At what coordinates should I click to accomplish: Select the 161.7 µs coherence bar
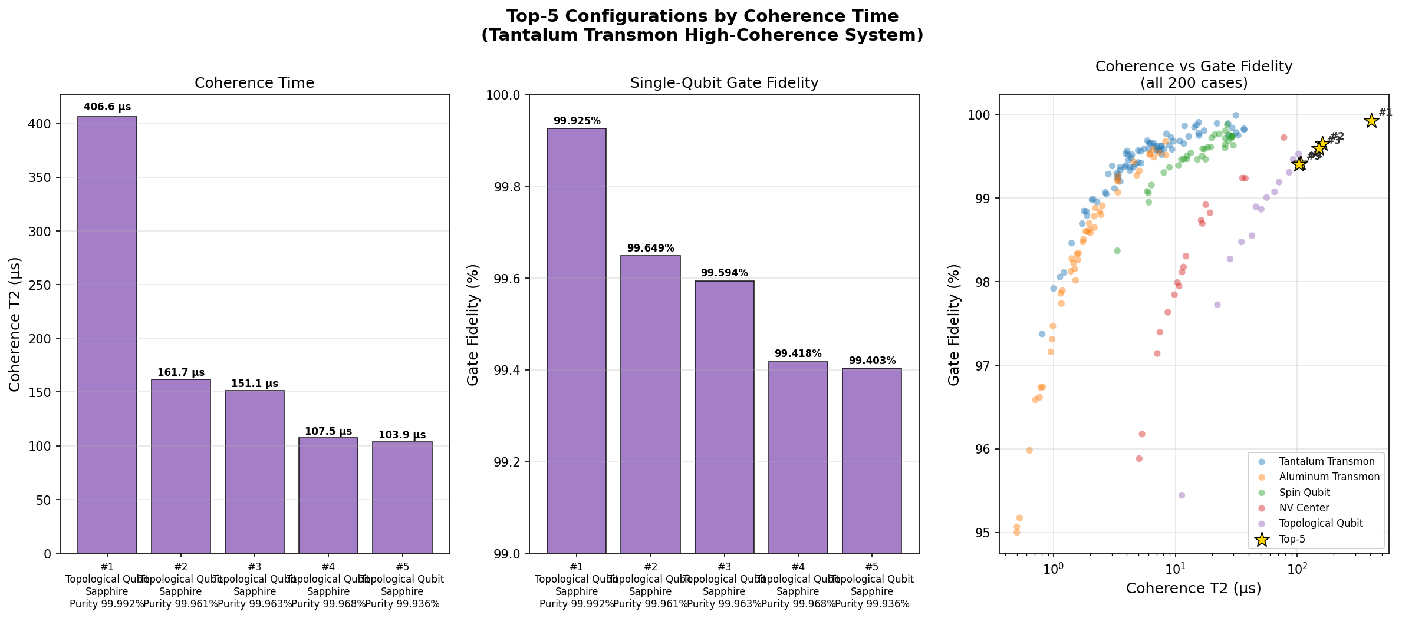[x=181, y=466]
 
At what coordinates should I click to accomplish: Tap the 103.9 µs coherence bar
[x=402, y=497]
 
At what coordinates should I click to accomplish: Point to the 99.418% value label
[x=798, y=354]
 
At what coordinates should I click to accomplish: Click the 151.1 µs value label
[x=255, y=384]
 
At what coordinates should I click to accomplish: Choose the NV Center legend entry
[x=1304, y=508]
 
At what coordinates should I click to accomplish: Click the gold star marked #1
[x=1371, y=121]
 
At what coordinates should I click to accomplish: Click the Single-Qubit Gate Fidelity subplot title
[x=724, y=83]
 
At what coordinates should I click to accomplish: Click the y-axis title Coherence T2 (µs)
[x=15, y=324]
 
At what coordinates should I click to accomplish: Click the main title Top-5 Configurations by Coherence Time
[x=702, y=16]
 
